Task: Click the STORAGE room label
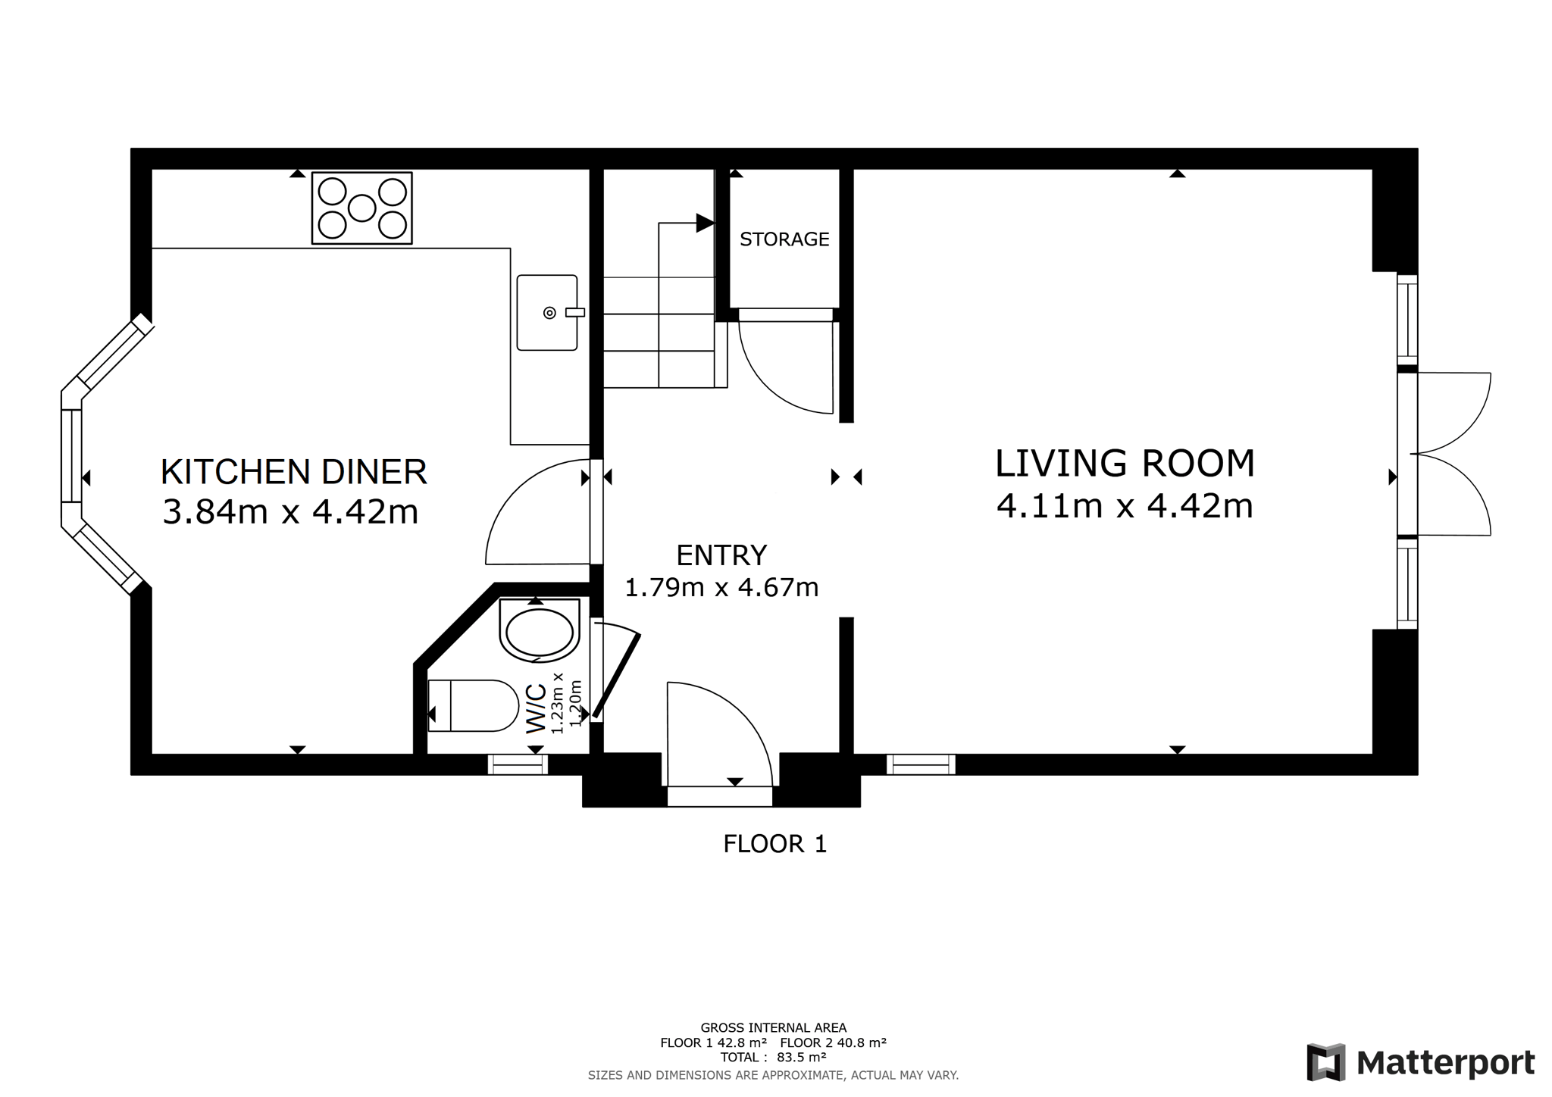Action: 784,239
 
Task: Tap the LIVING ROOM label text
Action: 1125,464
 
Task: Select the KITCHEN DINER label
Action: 294,472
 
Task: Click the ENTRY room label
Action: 721,555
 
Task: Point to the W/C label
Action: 536,708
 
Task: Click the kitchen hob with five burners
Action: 362,208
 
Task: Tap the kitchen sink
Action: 547,313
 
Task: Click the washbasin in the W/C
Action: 540,630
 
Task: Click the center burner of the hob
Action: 362,208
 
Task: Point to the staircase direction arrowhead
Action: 705,223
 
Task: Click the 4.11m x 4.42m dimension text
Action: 1125,506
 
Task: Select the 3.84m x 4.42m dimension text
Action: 291,512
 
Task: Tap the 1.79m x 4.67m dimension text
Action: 721,588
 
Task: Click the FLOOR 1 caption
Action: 774,844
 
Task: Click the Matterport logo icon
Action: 1326,1062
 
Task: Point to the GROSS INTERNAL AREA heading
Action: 774,1028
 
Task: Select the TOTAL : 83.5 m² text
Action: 774,1058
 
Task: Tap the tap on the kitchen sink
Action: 574,312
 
